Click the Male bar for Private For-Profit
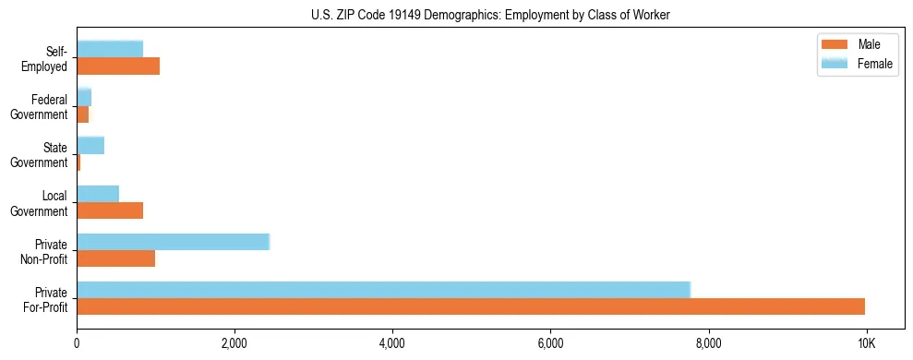pos(471,306)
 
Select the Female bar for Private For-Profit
pos(383,289)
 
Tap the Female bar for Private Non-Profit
pos(173,241)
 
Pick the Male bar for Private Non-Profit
pos(116,258)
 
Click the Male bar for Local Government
pos(110,210)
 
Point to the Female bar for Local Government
pos(98,193)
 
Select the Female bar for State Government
pos(90,145)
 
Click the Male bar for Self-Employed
pos(118,66)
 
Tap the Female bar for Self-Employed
pos(110,49)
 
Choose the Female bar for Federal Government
pos(84,97)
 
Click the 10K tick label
pos(866,343)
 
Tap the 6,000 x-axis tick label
pos(550,343)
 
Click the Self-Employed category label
pos(48,58)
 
